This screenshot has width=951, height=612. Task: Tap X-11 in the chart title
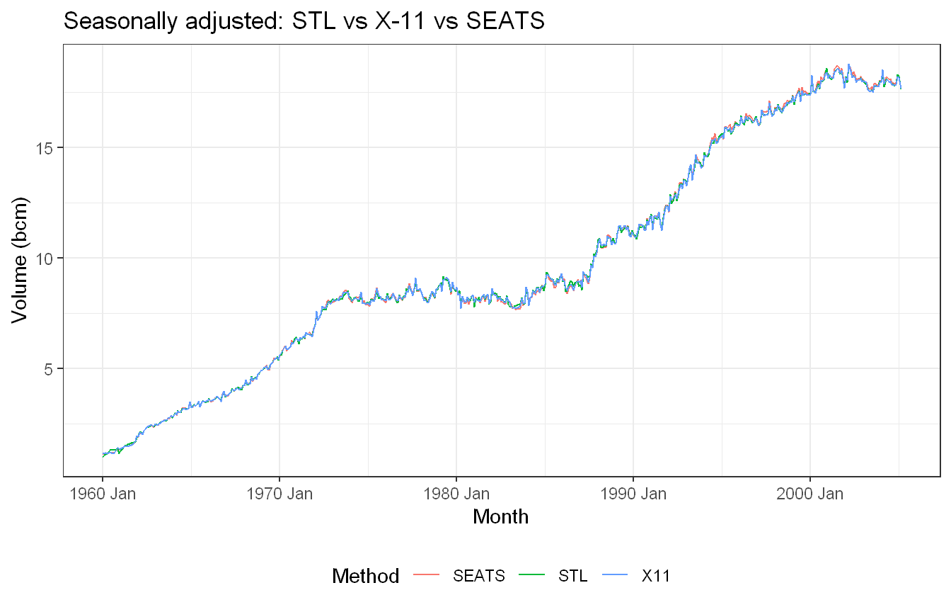tap(400, 21)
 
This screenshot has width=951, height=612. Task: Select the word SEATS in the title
tap(505, 21)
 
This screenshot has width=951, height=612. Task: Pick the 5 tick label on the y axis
tap(47, 369)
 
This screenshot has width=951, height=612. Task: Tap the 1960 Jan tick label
tap(103, 494)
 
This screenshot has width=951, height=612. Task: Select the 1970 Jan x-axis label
tap(279, 494)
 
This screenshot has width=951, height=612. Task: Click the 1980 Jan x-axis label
tap(456, 494)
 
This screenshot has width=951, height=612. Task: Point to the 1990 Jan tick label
tap(633, 494)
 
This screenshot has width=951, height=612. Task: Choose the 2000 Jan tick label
tap(810, 494)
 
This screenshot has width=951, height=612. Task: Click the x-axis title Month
tap(500, 517)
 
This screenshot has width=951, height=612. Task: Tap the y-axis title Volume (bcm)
tap(19, 260)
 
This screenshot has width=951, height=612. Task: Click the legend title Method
tap(366, 577)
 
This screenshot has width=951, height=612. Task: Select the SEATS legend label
tap(479, 577)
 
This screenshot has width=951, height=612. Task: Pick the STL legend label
tap(572, 577)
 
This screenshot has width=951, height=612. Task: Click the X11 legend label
tap(656, 577)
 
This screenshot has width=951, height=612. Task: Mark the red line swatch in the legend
tap(426, 575)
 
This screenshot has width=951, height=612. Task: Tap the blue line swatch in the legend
tap(615, 575)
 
